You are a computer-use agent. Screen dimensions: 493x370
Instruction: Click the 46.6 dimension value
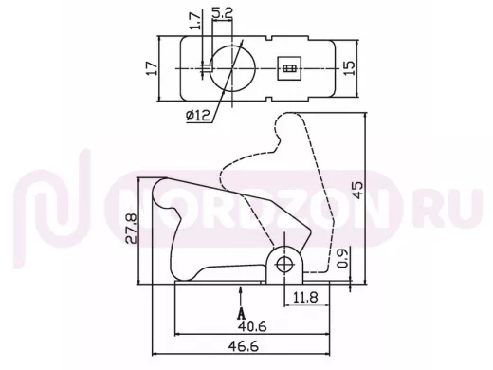coord(244,346)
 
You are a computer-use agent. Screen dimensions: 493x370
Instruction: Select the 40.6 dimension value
coord(252,325)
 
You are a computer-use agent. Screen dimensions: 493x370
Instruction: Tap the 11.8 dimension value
coord(305,298)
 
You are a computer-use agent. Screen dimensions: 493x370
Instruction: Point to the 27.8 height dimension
coord(131,229)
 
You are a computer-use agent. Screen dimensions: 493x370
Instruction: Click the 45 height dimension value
coord(358,190)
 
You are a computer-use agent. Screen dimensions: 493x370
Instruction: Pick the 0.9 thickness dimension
coord(342,258)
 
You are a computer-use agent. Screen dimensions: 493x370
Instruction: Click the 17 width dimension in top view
coord(152,68)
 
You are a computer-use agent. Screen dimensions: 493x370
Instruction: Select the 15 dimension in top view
coord(349,68)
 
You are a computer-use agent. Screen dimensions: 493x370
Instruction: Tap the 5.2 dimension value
coord(222,13)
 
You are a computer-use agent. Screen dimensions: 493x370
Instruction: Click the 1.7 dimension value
coord(196,21)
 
